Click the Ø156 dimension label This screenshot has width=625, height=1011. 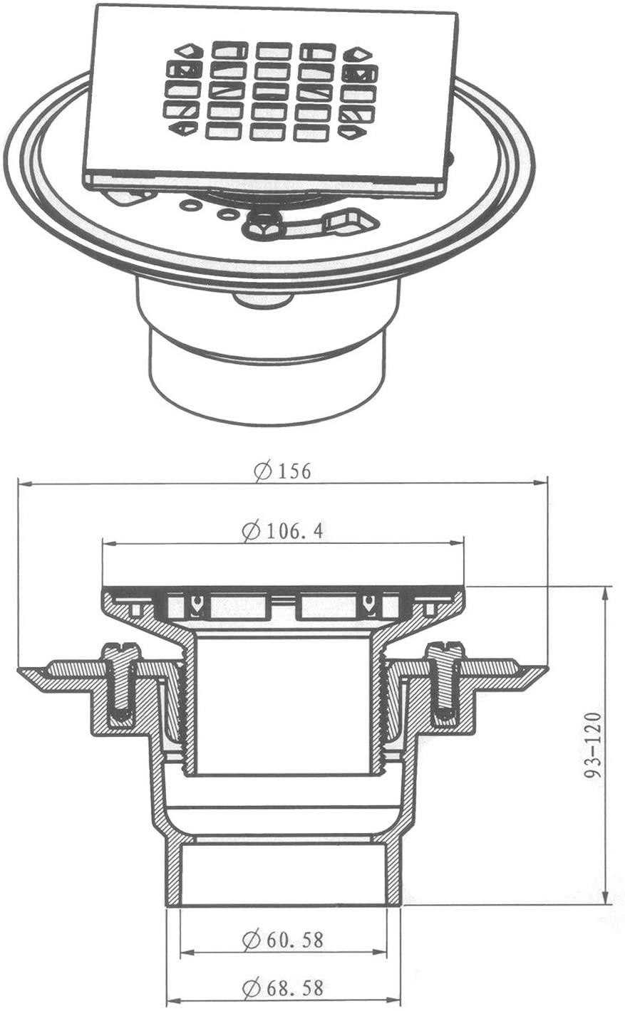(x=283, y=471)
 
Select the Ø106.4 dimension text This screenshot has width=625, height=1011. (x=283, y=530)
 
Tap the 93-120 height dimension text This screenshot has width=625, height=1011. (x=594, y=745)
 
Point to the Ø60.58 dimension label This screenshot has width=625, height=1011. (x=283, y=940)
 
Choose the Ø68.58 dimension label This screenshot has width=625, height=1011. (x=283, y=988)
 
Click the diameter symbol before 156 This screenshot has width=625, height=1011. (x=262, y=471)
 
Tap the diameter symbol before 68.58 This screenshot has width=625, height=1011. (x=250, y=988)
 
